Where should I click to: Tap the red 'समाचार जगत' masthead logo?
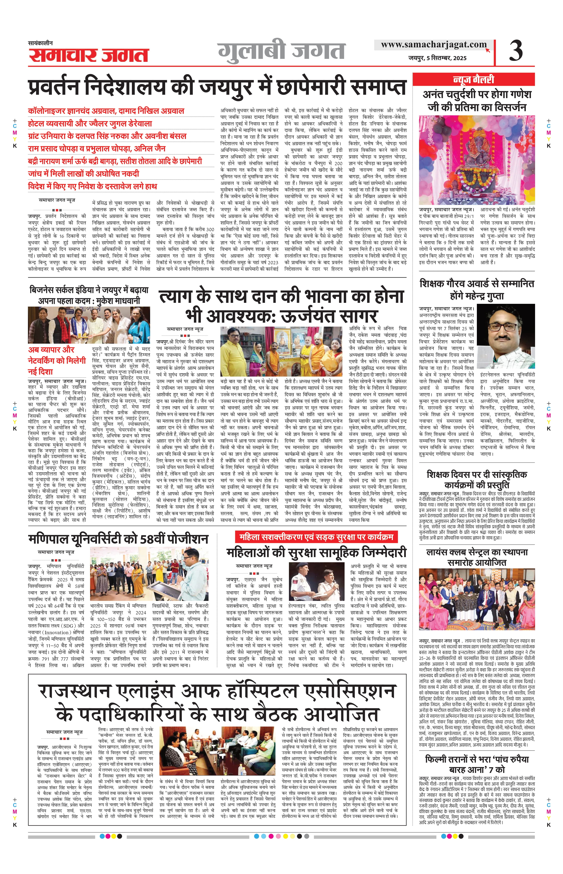point(89,55)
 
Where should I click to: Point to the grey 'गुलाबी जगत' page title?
point(282,51)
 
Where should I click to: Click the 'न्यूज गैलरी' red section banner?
point(473,79)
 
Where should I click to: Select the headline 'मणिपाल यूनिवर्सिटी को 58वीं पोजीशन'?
point(118,539)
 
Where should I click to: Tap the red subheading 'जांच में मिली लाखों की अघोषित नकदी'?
point(84,173)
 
